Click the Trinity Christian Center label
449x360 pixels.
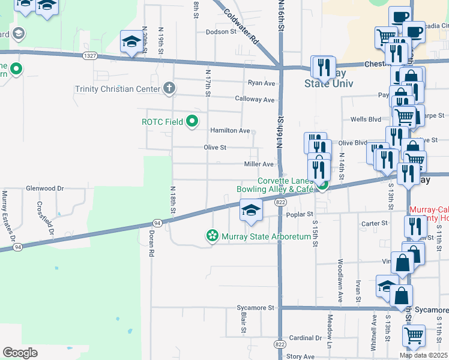click(118, 89)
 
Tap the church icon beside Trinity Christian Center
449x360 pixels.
click(169, 89)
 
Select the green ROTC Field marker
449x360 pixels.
click(192, 122)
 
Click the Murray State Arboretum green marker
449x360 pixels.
click(212, 236)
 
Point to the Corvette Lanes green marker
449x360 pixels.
click(322, 186)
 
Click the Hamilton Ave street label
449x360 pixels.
click(230, 130)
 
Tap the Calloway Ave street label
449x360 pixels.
click(255, 100)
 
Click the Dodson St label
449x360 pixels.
click(221, 32)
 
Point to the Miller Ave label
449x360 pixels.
click(259, 164)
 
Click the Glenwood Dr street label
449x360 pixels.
click(44, 188)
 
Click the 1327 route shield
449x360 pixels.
click(90, 56)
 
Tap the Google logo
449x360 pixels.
click(20, 353)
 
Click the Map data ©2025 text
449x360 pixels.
click(423, 355)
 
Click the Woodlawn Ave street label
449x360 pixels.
click(340, 280)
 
